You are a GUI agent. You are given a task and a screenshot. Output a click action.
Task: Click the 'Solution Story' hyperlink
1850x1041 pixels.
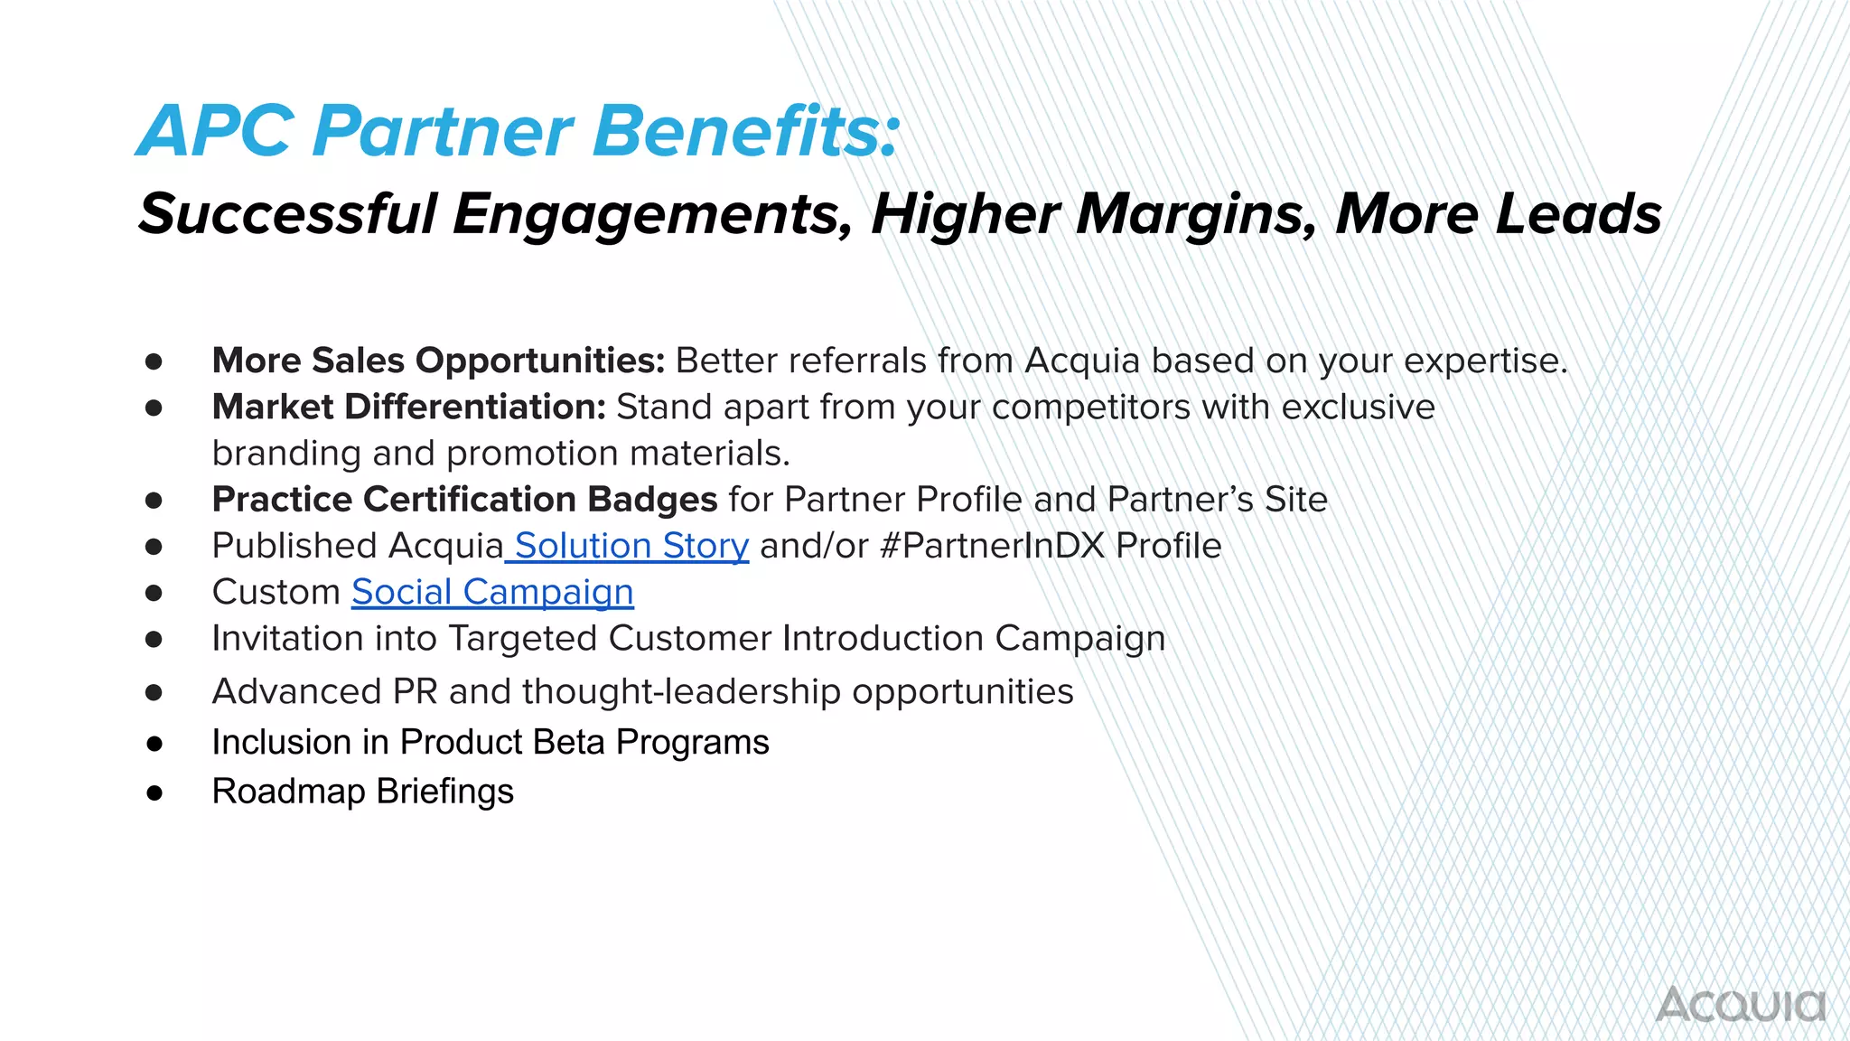[x=631, y=546]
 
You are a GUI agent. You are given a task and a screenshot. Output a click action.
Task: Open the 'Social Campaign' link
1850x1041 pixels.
[x=492, y=592]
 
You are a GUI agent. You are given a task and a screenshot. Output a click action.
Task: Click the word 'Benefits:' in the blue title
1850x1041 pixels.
[x=746, y=131]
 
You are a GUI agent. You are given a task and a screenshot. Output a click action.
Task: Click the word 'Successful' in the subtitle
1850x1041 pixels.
[x=287, y=214]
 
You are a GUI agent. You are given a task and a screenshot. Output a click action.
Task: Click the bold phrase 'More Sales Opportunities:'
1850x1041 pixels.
[x=438, y=361]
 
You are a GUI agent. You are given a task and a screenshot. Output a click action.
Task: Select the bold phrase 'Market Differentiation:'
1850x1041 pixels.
[x=408, y=407]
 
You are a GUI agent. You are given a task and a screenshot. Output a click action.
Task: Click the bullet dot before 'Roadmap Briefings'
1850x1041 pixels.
[x=154, y=792]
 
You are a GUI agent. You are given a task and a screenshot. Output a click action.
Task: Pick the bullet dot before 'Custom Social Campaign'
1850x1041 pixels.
[x=154, y=593]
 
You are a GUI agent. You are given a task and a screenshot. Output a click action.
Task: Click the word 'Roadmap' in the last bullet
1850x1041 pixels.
[x=288, y=792]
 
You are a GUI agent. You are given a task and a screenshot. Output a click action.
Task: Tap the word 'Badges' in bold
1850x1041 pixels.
[x=652, y=499]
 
